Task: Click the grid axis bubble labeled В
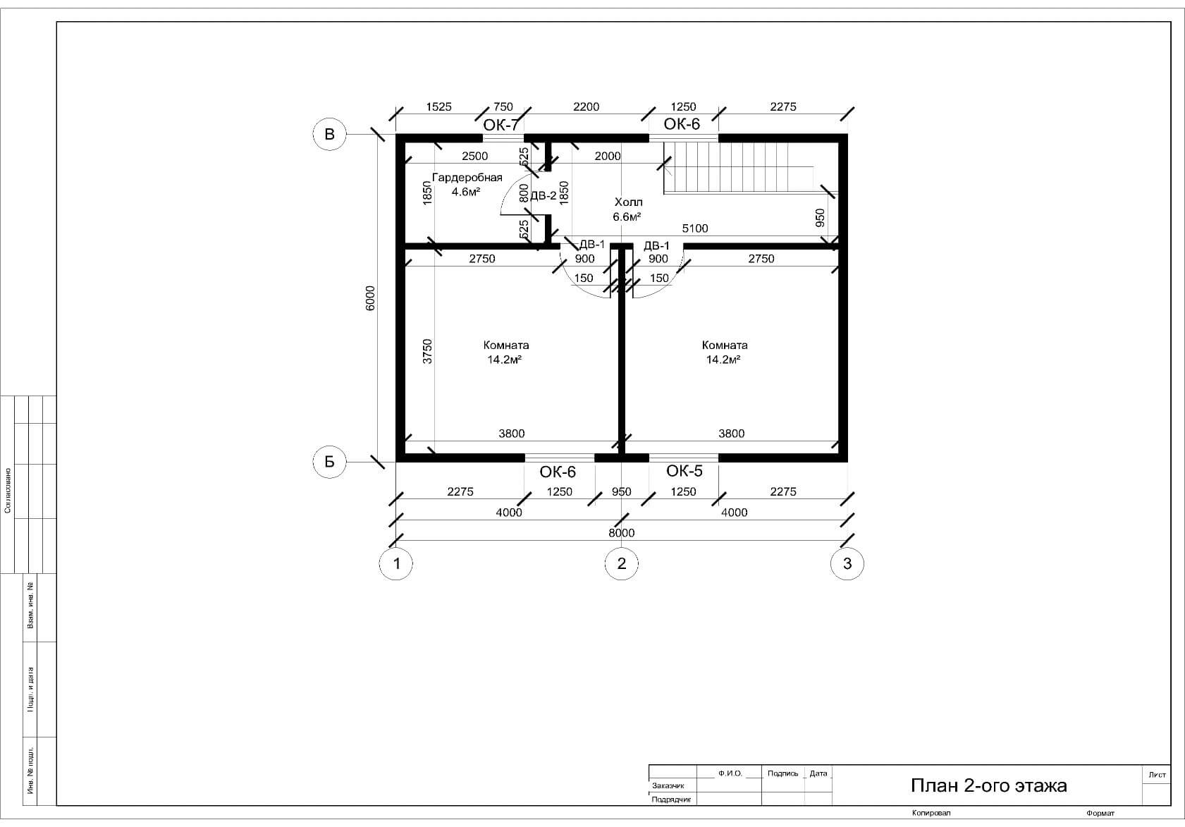329,134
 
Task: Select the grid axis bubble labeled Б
329,462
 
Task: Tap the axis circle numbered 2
621,563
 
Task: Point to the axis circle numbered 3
847,563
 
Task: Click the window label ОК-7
501,125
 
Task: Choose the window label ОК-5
684,470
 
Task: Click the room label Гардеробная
467,177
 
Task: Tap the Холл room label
629,202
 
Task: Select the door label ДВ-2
544,196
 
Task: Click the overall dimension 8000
621,532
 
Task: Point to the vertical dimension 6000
370,298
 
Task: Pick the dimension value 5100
694,228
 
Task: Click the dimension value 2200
586,107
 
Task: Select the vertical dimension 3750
427,351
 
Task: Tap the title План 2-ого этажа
988,785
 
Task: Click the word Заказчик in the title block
668,785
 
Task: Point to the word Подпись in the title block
782,773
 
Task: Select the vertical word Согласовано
8,490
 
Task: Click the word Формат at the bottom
1100,813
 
